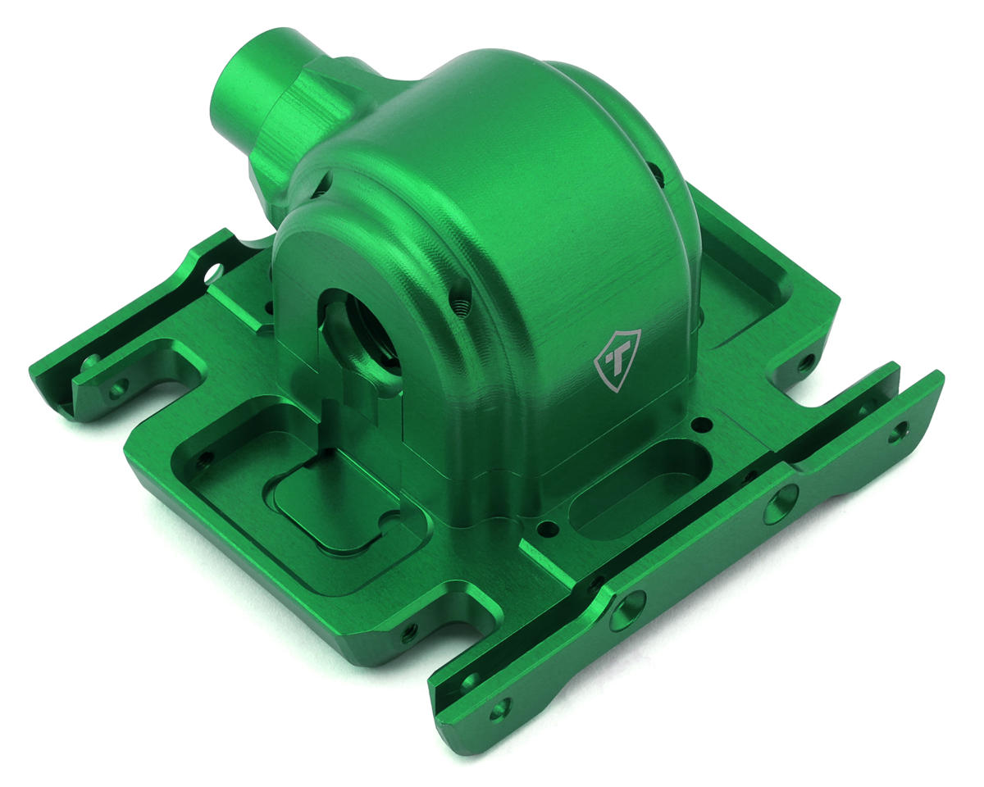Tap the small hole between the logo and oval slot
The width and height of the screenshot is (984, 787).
click(701, 424)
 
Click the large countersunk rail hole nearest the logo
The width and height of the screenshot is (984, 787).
click(781, 503)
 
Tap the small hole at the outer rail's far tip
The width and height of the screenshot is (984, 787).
click(900, 432)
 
